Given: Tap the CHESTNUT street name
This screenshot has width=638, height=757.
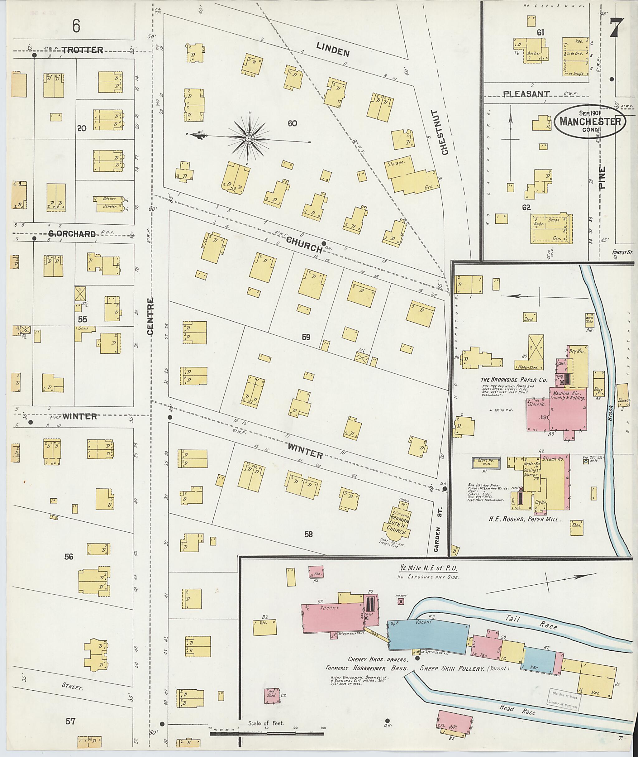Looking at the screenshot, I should click(445, 132).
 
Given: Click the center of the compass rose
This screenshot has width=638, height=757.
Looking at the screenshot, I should click(249, 138).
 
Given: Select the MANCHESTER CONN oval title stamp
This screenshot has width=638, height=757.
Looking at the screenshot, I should click(590, 122).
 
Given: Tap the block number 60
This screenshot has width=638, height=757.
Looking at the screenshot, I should click(292, 123).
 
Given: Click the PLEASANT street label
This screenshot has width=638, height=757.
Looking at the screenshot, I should click(526, 94).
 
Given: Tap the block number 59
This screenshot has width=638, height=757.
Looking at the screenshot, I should click(306, 337).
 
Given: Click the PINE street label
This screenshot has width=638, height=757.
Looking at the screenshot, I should click(602, 177).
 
